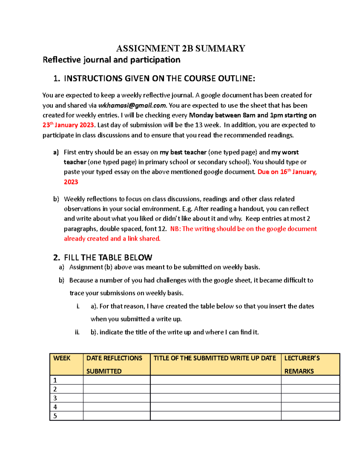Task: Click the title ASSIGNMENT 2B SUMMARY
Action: (181, 49)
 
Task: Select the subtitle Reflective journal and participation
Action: (111, 60)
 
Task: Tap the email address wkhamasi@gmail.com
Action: (132, 105)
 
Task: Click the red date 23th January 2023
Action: (68, 125)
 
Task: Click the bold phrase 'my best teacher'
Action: (183, 152)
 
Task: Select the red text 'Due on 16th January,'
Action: (287, 172)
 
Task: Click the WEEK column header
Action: (62, 358)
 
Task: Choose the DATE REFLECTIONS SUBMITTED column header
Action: (114, 364)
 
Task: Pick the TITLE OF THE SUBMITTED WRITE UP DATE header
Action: (215, 358)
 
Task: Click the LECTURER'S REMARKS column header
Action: (302, 364)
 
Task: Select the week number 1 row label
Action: (55, 380)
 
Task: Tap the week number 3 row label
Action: (55, 398)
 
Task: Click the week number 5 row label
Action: (55, 416)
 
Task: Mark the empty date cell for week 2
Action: (116, 389)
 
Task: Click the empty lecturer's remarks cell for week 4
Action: (310, 407)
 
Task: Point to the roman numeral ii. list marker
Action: (77, 332)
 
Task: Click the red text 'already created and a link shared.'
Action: (112, 239)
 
